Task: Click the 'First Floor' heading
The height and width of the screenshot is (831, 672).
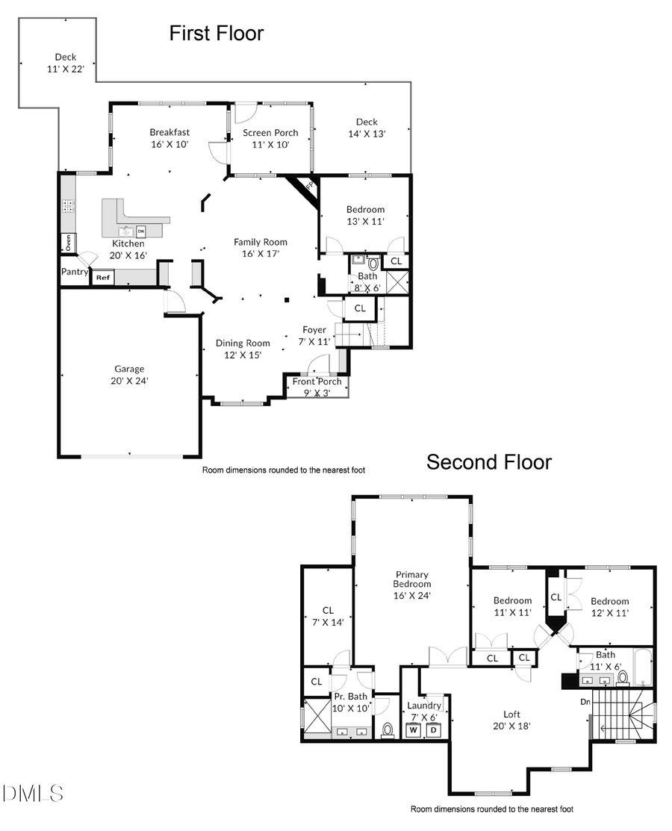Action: coord(216,34)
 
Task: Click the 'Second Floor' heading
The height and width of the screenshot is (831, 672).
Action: coord(488,462)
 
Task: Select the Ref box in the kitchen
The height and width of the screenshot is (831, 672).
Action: coord(102,278)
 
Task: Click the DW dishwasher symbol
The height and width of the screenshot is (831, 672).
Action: coord(140,231)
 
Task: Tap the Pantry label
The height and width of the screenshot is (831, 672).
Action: coord(75,272)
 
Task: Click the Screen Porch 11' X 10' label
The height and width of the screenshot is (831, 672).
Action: coord(270,138)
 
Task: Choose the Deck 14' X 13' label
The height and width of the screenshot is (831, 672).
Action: coord(367,128)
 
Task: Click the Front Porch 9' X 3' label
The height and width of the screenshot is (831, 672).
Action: coord(317,387)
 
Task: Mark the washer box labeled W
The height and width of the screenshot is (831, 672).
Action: coord(412,729)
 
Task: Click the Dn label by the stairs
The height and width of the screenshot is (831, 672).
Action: coord(585,702)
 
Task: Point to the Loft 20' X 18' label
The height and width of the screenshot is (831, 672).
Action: coord(511,720)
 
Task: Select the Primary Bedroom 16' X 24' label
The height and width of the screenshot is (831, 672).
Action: coord(412,585)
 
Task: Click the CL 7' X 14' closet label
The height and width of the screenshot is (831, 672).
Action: coord(327,616)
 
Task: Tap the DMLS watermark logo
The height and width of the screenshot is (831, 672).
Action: coord(33,793)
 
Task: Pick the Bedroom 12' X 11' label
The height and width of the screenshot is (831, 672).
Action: coord(609,606)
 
